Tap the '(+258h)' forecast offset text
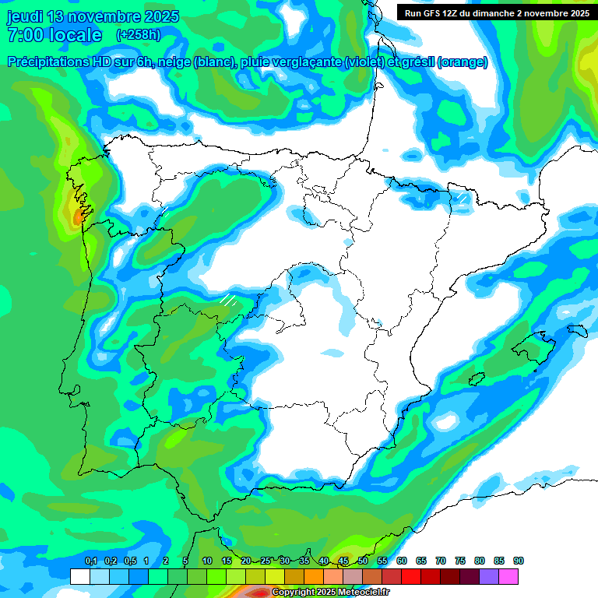[139, 35]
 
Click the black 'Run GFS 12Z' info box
[494, 13]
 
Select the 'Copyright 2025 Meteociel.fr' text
[330, 593]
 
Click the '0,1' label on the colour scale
[91, 561]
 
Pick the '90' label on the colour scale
[519, 561]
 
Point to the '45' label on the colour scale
[343, 561]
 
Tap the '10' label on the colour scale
[207, 561]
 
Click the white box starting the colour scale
[79, 576]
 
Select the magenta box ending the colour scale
[508, 576]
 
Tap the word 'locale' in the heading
[75, 35]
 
